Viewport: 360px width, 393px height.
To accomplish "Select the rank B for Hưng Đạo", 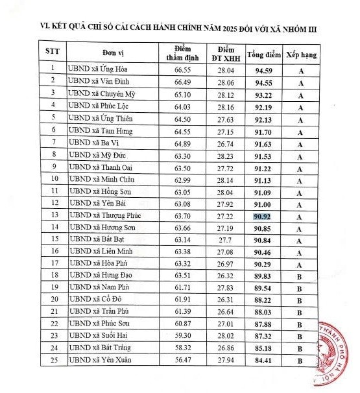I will click(x=300, y=276).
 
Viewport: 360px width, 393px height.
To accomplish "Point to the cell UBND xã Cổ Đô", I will click(x=92, y=301).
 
